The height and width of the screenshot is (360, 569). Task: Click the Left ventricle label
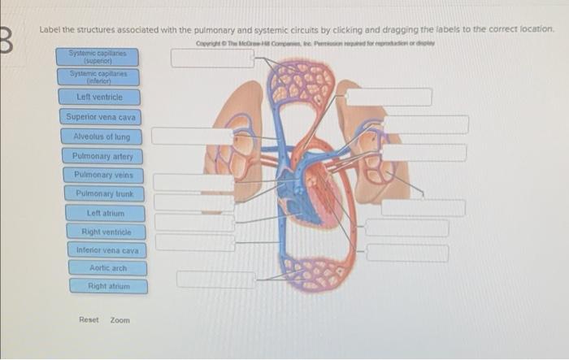[100, 98]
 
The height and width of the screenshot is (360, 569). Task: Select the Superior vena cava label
[101, 117]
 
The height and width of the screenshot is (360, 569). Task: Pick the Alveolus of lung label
[102, 137]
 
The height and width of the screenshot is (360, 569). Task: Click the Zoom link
[119, 320]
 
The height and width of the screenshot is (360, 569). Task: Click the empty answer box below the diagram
[215, 279]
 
